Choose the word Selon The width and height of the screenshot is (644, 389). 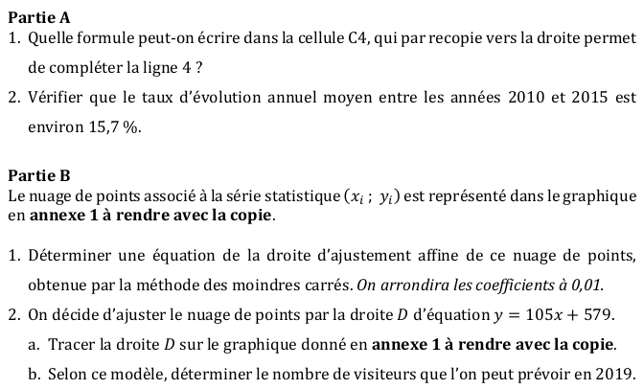point(67,372)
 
